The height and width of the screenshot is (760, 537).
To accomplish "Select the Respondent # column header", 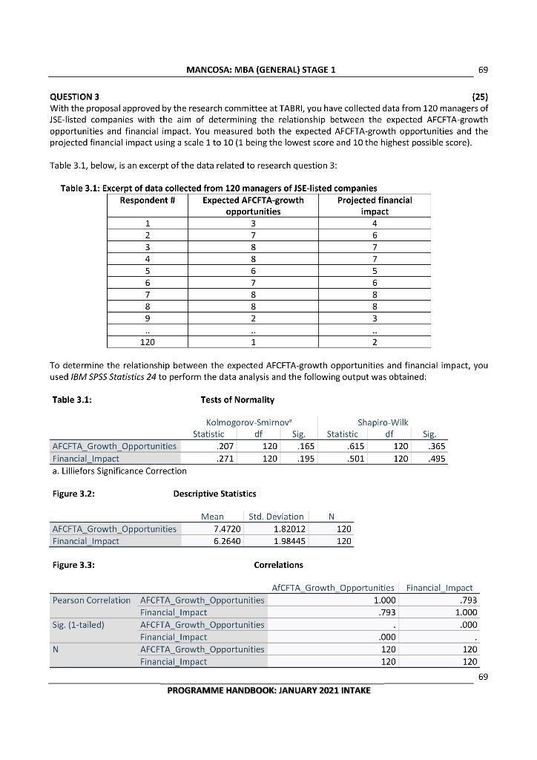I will (147, 200).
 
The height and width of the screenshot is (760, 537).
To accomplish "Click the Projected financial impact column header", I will (374, 206).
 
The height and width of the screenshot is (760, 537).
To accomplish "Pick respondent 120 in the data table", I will (147, 342).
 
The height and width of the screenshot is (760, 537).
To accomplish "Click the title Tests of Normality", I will (237, 400).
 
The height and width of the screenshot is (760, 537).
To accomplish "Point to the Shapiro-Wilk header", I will (383, 422).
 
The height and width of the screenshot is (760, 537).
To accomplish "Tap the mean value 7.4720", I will (216, 529).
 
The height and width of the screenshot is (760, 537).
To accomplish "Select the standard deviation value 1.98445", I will (282, 541).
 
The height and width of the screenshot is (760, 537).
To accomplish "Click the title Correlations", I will (278, 565).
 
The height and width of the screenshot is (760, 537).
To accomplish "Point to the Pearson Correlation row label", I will (91, 600).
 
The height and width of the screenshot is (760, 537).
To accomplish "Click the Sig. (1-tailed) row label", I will (78, 624).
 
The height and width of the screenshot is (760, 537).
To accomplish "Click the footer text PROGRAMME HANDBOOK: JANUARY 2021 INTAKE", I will (268, 689).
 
